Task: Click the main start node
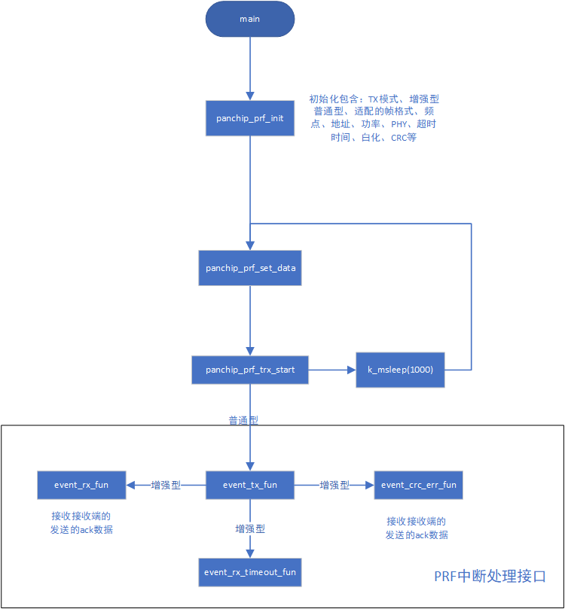[249, 20]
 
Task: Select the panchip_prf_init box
[249, 118]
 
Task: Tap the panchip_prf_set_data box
[249, 267]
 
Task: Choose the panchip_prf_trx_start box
[249, 370]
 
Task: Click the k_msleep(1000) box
[400, 370]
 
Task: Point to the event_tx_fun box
[249, 485]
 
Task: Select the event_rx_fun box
[81, 485]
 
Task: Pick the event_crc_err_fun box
[418, 485]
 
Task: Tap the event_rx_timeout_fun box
[249, 572]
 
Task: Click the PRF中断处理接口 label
[489, 577]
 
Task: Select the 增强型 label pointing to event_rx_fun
[166, 486]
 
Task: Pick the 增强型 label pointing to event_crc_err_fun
[334, 486]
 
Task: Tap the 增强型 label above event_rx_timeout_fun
[249, 529]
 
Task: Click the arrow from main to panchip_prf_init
[249, 68]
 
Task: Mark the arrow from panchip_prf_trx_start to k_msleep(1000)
[331, 370]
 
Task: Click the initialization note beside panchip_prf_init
[374, 118]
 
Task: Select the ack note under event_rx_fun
[81, 522]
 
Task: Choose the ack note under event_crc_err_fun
[417, 528]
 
